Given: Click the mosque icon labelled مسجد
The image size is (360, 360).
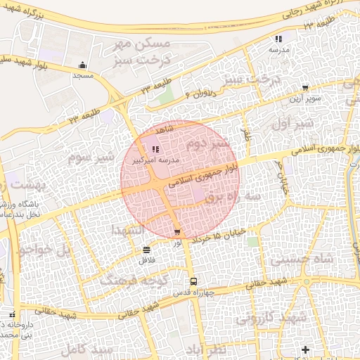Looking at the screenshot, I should click(83, 65).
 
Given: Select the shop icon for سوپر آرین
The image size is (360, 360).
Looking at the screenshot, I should click(304, 89).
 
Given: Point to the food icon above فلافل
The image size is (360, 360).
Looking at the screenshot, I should click(146, 250).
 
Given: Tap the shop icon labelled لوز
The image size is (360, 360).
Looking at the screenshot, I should click(176, 232).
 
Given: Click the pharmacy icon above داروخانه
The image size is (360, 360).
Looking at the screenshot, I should click(11, 314).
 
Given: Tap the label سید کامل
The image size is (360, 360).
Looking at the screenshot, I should click(86, 349).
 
